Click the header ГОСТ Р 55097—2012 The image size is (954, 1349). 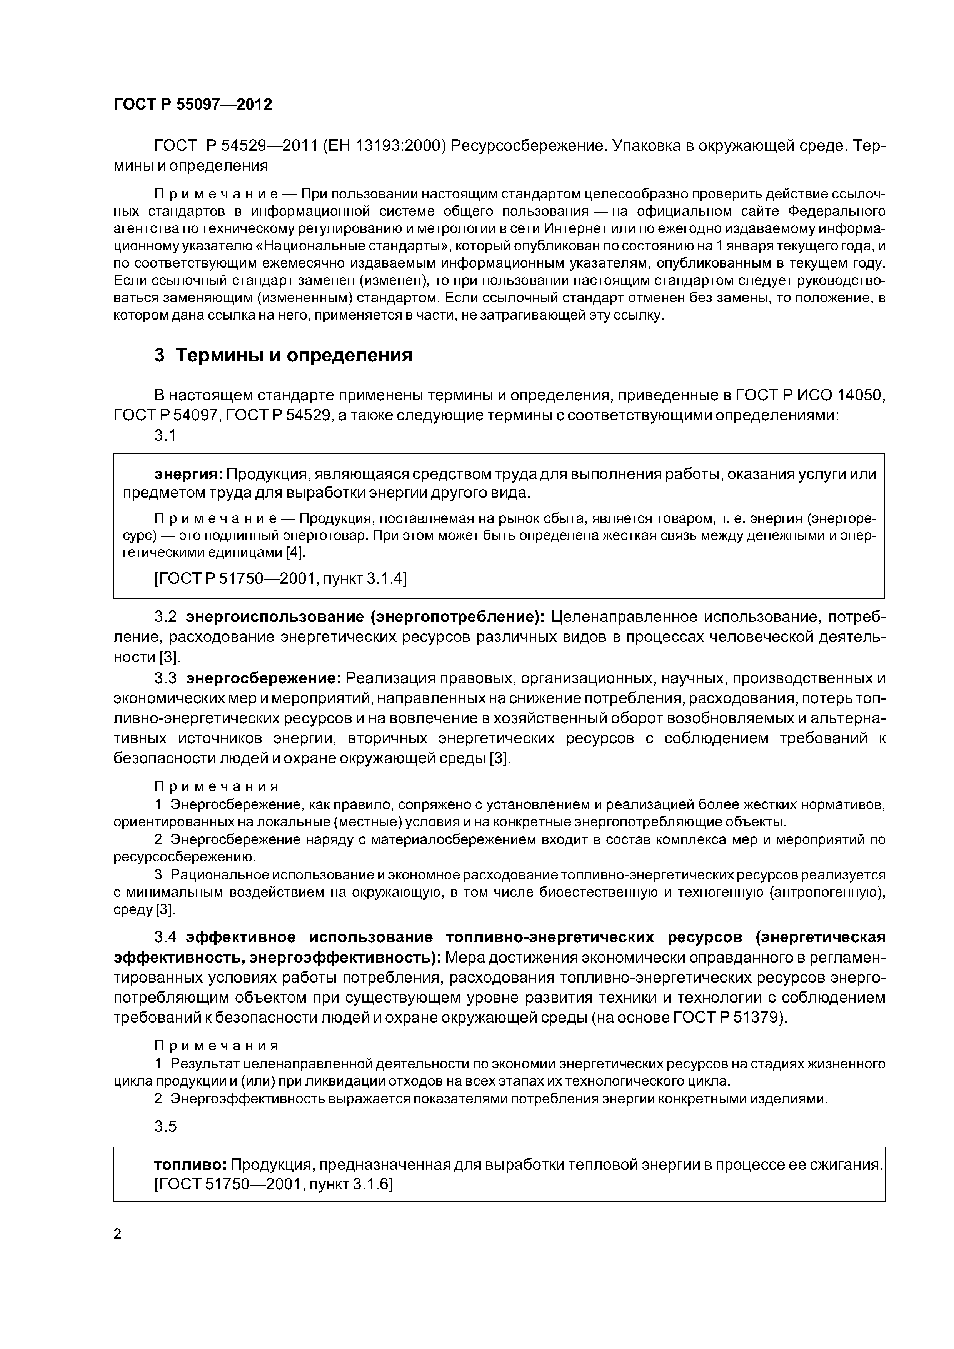192,105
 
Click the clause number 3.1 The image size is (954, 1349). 165,435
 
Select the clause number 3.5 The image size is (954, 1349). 165,1126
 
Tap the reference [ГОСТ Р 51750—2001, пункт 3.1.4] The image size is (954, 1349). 280,579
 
